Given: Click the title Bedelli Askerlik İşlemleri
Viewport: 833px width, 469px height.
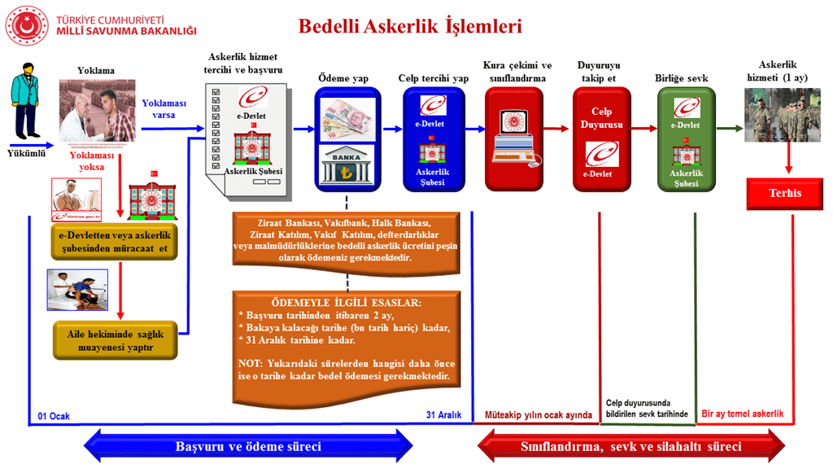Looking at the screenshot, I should point(410,26).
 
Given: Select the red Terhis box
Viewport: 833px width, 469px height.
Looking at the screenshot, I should point(785,194).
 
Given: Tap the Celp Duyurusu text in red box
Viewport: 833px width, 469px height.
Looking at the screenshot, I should point(601,118).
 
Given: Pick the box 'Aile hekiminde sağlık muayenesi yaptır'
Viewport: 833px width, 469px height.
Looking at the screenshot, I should point(115,340).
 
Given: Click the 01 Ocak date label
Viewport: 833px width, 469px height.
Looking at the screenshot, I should point(55,415).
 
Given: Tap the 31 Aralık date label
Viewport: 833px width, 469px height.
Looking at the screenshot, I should point(443,415).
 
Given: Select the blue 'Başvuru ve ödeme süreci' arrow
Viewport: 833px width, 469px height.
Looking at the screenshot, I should point(248,446).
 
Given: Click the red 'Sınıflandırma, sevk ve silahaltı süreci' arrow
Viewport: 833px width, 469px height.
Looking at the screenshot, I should point(630,446).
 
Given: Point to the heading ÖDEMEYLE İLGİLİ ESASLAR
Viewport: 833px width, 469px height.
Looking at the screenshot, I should point(347,303).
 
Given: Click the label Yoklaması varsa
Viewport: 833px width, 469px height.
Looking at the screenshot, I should point(164,109).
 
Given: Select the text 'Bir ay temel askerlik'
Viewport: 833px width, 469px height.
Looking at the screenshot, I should point(742,414).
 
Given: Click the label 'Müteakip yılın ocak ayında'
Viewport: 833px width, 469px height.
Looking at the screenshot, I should point(539,415).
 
